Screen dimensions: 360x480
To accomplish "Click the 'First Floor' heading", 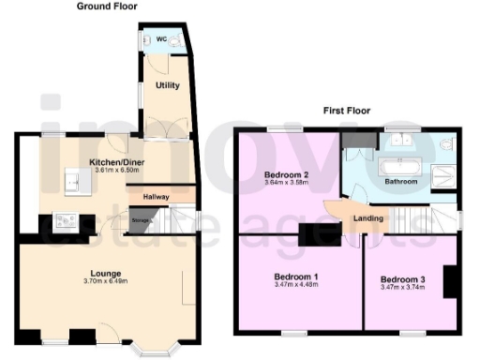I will [344, 110].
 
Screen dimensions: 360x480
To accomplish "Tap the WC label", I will [161, 39].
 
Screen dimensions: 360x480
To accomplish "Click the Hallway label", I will [156, 197].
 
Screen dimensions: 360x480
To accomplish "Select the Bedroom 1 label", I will [295, 277].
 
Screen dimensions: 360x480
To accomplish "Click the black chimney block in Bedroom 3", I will [451, 282].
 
